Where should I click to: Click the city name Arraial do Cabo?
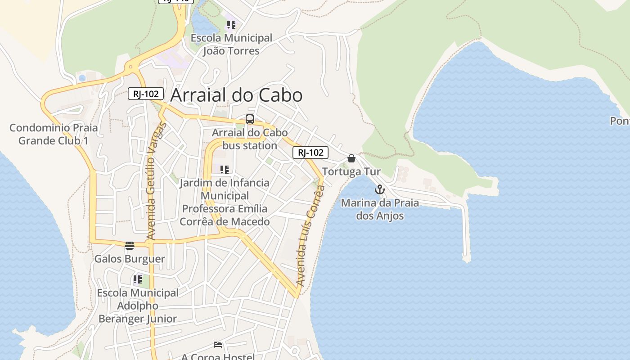(236, 95)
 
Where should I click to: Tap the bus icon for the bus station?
(249, 119)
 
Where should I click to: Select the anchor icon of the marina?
(380, 189)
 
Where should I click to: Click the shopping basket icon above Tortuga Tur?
(351, 158)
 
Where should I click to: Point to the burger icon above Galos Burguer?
(130, 245)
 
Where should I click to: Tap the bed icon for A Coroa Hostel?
(218, 345)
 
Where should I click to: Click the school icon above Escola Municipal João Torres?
(231, 25)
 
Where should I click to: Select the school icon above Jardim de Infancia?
(225, 170)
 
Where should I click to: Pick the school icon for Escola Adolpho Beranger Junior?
(138, 279)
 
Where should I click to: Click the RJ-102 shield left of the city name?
(146, 94)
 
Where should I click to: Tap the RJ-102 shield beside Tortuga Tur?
(310, 153)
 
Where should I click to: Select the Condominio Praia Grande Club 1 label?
(54, 134)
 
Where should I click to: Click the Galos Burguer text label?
(130, 259)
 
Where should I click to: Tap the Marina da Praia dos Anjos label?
(380, 209)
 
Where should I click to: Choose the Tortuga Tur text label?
(351, 171)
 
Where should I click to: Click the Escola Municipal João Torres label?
(231, 44)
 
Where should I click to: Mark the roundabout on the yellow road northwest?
(131, 67)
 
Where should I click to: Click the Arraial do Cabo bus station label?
(249, 139)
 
